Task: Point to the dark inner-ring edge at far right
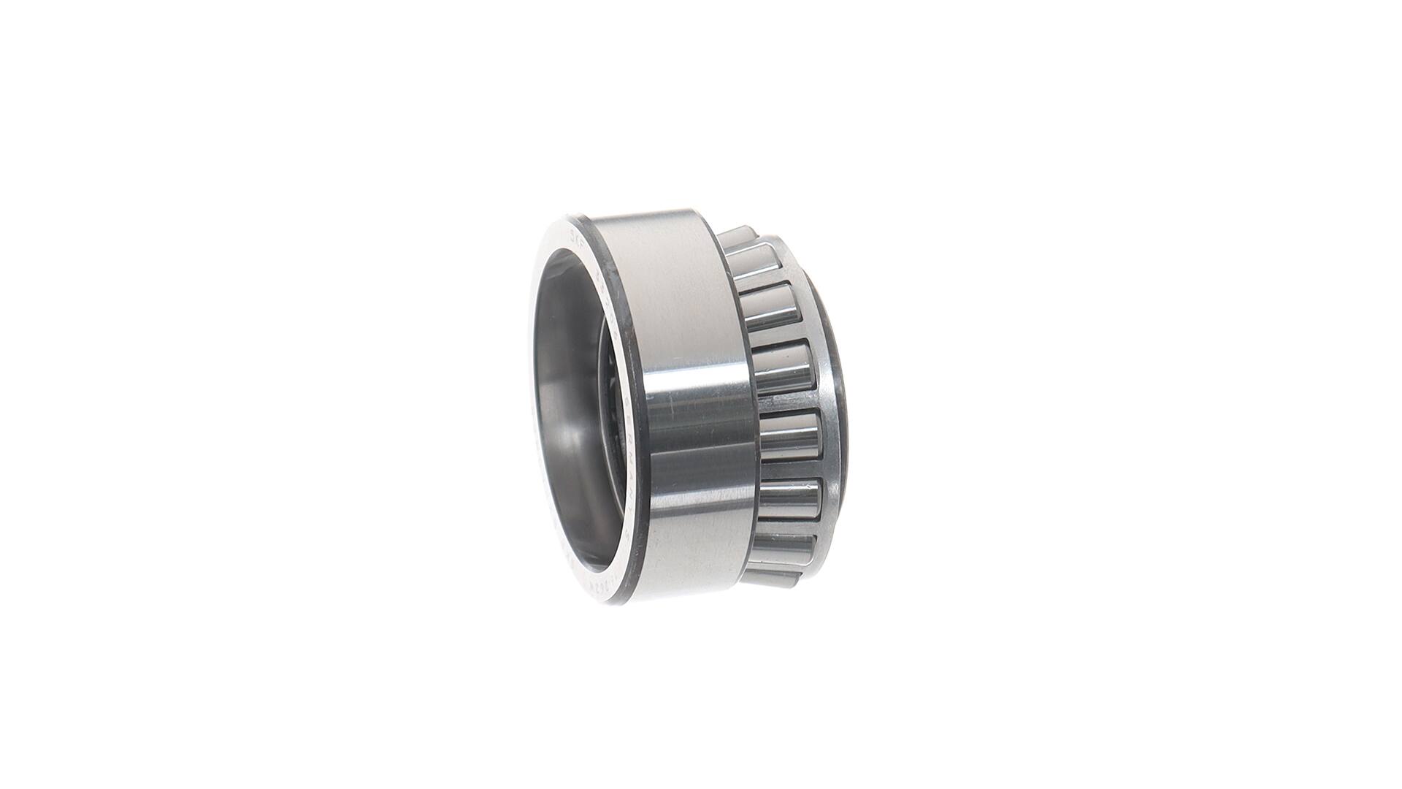pos(840,380)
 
